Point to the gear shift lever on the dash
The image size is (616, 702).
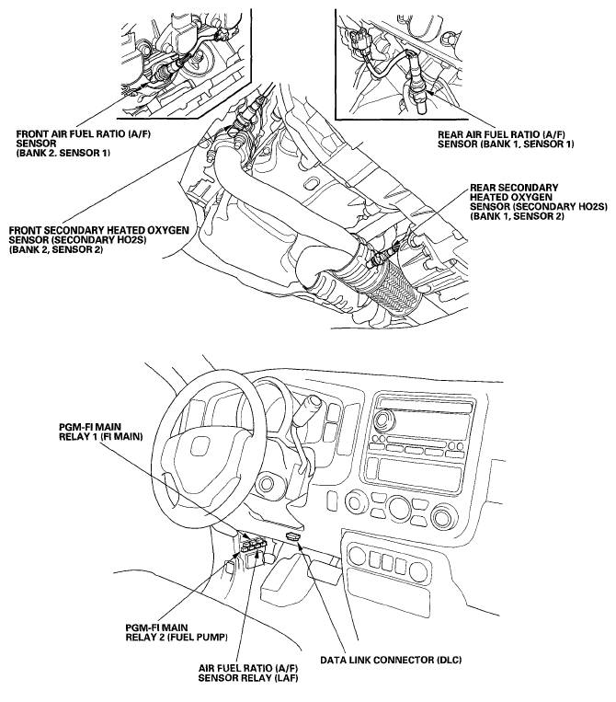point(314,406)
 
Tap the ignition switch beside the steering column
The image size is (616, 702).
point(268,483)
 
